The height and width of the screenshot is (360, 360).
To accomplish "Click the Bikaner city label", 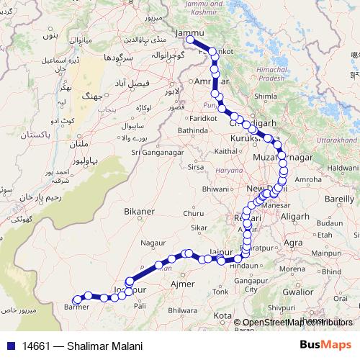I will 138,211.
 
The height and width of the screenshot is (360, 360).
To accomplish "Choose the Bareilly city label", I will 340,197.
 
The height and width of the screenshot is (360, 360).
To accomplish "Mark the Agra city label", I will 294,243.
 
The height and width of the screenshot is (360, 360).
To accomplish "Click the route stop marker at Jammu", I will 189,40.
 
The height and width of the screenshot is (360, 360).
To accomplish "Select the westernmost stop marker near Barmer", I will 76,300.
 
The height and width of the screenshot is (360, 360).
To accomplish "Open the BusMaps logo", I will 325,346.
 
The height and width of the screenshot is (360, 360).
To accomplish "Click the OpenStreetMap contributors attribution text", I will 297,323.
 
